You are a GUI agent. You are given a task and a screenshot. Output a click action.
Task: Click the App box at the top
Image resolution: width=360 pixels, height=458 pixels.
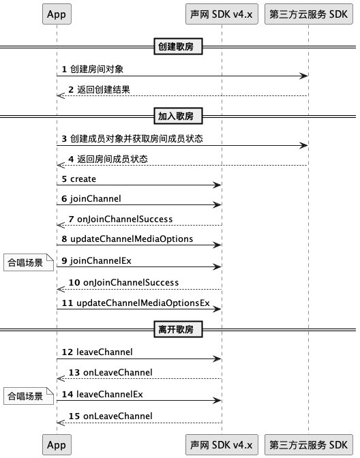pyautogui.click(x=57, y=14)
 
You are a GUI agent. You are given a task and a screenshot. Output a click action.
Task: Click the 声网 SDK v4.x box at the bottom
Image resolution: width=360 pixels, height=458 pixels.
pyautogui.click(x=222, y=444)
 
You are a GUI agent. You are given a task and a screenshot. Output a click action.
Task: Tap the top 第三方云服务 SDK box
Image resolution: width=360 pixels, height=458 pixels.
pyautogui.click(x=309, y=14)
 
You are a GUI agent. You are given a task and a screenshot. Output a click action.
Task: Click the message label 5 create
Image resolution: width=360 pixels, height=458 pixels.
pyautogui.click(x=79, y=179)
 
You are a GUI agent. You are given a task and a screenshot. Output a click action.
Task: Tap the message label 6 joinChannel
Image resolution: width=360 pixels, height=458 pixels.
pyautogui.click(x=91, y=198)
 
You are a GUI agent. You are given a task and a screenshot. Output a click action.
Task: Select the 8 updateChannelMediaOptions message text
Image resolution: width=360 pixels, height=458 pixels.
pyautogui.click(x=127, y=239)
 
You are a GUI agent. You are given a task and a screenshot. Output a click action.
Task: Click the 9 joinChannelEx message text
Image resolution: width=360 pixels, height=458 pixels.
pyautogui.click(x=96, y=260)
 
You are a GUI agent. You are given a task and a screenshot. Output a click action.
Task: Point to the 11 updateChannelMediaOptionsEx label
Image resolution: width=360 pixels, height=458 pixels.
pyautogui.click(x=136, y=303)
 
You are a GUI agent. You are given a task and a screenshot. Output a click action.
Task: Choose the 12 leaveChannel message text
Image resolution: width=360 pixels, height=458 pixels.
pyautogui.click(x=97, y=352)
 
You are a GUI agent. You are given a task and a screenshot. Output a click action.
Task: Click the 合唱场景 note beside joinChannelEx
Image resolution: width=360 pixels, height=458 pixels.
pyautogui.click(x=29, y=262)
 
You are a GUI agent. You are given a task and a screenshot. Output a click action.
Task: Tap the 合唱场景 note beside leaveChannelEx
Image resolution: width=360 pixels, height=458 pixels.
pyautogui.click(x=29, y=396)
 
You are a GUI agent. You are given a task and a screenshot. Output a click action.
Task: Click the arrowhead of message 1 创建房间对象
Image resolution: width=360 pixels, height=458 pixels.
pyautogui.click(x=304, y=76)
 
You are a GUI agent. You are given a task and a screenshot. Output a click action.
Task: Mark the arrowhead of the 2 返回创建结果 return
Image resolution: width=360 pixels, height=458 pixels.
pyautogui.click(x=61, y=95)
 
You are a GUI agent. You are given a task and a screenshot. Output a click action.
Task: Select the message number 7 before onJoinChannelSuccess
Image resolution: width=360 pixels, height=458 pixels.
pyautogui.click(x=71, y=219)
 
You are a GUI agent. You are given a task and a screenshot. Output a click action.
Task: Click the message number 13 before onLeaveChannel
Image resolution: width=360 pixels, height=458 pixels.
pyautogui.click(x=74, y=372)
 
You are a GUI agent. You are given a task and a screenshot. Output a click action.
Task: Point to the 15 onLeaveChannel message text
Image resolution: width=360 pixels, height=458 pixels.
pyautogui.click(x=110, y=416)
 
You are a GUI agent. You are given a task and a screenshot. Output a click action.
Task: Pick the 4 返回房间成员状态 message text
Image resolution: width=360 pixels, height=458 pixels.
pyautogui.click(x=108, y=159)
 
